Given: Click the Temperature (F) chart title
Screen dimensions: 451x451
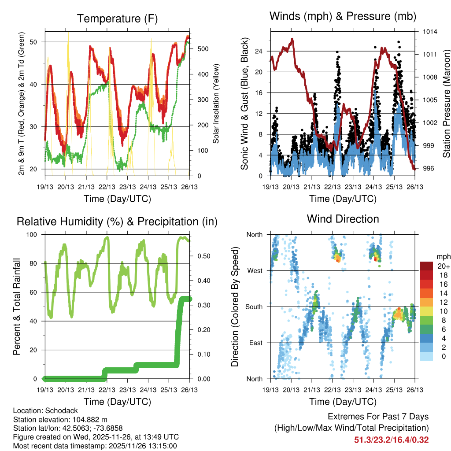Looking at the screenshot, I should pos(117,18).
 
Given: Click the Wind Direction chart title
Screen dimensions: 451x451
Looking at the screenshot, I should pos(343,219).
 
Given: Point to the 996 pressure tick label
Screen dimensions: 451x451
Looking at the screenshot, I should pos(429,168).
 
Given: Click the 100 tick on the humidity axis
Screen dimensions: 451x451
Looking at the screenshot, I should pos(34,235).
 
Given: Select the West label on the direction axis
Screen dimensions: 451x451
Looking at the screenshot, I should pos(255,270).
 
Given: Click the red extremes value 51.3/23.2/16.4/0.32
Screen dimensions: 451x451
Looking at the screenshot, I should pos(391,440).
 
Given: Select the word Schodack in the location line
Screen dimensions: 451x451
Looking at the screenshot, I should pos(63,410).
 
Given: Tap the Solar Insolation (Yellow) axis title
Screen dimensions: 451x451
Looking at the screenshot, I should pos(216,104).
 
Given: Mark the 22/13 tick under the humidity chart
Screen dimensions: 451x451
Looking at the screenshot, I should pos(107,390).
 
